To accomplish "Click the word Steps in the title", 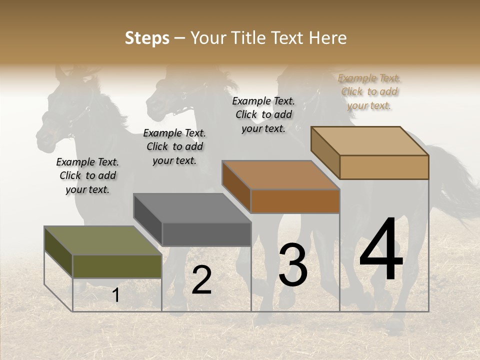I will pyautogui.click(x=147, y=38).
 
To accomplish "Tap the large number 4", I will pyautogui.click(x=381, y=249).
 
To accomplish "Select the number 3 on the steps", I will pyautogui.click(x=293, y=265).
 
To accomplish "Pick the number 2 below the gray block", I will pyautogui.click(x=201, y=280).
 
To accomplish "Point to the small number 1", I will pyautogui.click(x=115, y=295).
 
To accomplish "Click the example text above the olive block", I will pyautogui.click(x=87, y=175).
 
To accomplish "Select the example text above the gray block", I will pyautogui.click(x=174, y=146).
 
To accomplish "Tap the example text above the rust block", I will pyautogui.click(x=263, y=114).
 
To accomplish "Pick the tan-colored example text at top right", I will pyautogui.click(x=369, y=91).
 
